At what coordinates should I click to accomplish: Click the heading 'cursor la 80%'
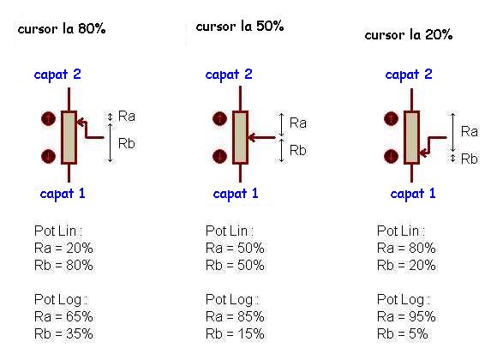point(62,29)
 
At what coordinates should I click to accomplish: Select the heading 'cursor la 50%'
point(240,27)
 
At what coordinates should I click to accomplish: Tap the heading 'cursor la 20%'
point(409,34)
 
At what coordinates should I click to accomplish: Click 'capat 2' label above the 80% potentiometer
point(57,75)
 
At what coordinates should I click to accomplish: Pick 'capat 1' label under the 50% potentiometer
point(236,194)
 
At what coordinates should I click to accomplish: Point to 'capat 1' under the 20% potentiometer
point(413,194)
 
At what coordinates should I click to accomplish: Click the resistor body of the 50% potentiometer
point(240,138)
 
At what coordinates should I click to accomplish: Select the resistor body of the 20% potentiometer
point(411,138)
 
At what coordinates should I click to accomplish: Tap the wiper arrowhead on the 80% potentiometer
point(81,122)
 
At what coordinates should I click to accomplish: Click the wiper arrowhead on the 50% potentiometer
point(252,138)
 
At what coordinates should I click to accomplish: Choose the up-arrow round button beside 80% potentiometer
point(49,119)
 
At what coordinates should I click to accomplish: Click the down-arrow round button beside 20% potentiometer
point(391,156)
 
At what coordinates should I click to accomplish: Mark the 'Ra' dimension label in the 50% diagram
point(298,123)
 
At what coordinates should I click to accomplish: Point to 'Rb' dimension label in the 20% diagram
point(469,159)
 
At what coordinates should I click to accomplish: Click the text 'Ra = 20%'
point(63,248)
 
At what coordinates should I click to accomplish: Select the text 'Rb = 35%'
point(63,333)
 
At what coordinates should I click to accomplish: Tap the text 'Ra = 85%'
point(235,316)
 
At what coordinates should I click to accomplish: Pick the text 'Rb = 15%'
point(235,333)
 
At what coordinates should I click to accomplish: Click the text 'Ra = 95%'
point(406,316)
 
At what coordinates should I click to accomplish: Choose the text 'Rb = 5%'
point(403,333)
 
